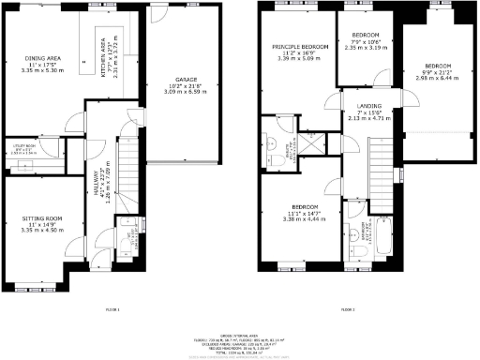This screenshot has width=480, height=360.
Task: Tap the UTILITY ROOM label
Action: tap(23, 147)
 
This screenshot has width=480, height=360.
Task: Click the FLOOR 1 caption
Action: tap(112, 307)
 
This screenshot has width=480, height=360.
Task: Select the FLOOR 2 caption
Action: tap(347, 307)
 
